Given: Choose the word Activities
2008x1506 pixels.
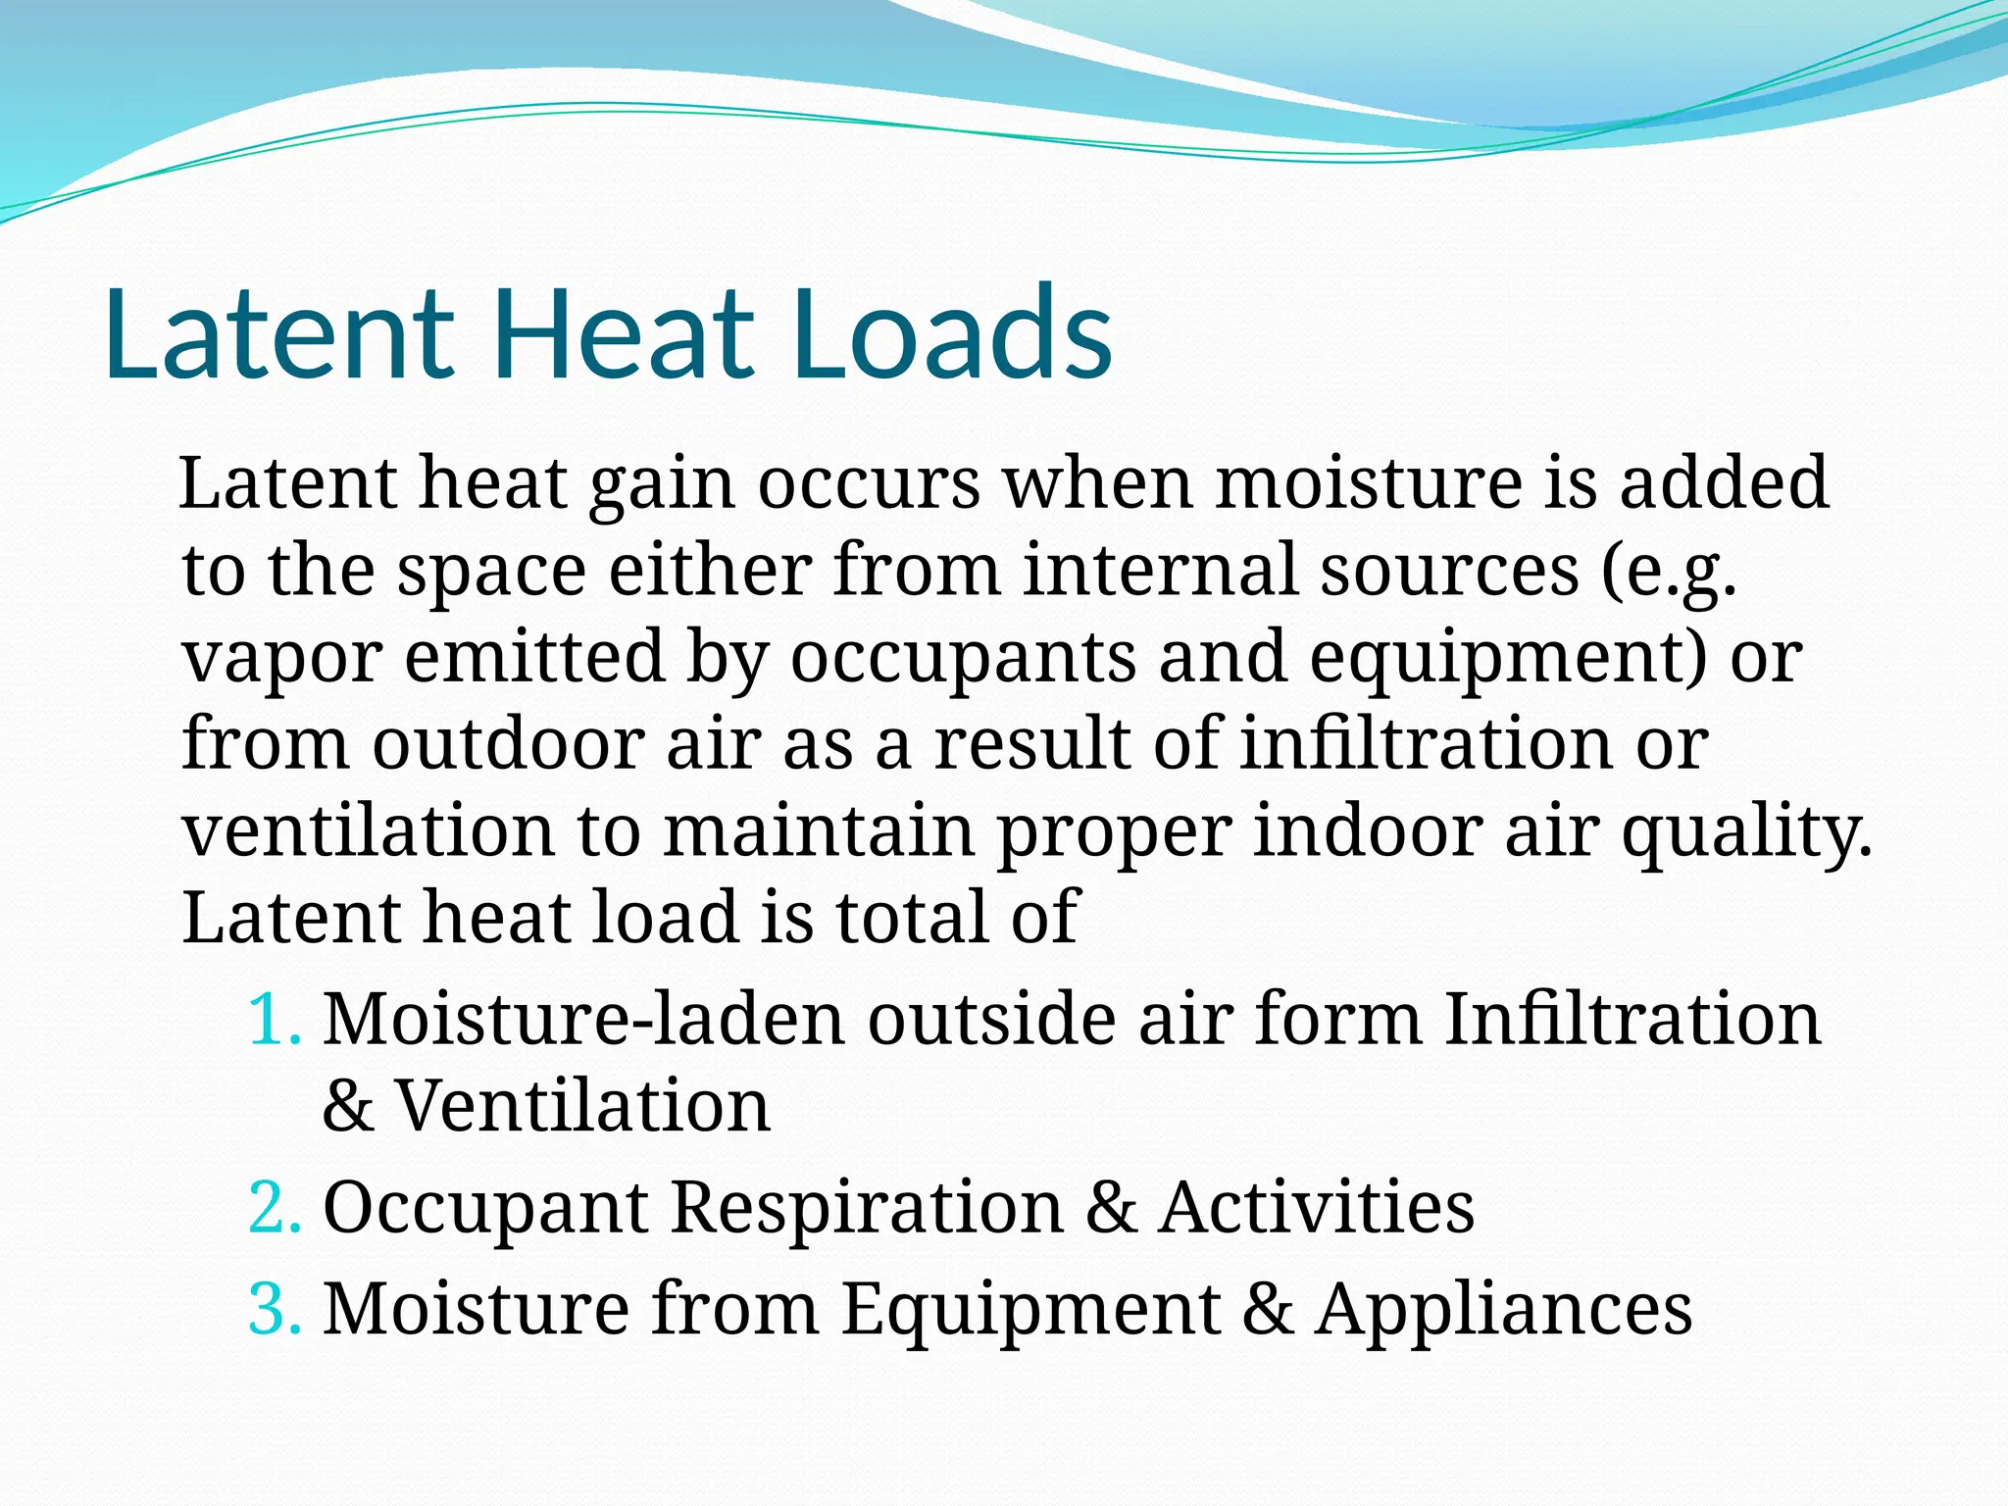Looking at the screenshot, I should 1316,1207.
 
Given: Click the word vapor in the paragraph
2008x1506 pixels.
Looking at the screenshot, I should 282,659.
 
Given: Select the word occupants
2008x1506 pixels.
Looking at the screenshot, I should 963,659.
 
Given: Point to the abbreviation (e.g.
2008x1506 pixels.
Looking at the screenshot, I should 1669,573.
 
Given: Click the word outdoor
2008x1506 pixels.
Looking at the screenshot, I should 508,744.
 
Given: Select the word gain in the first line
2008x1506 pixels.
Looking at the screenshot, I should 662,484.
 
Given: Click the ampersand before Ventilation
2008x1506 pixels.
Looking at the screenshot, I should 348,1106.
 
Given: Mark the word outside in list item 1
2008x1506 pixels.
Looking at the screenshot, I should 990,1020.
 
